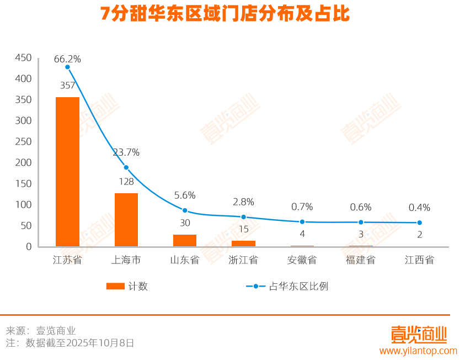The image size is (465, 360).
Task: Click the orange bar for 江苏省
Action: click(67, 172)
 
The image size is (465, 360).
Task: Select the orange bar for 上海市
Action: click(126, 220)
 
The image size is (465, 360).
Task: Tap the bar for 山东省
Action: click(185, 240)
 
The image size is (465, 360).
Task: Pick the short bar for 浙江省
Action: click(243, 243)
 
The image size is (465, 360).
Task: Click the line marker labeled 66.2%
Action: click(67, 67)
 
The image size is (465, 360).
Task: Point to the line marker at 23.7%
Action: click(126, 167)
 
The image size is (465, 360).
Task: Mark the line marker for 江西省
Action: click(419, 223)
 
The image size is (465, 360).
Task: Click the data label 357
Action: click(67, 86)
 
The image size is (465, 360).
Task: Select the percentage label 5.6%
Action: click(185, 195)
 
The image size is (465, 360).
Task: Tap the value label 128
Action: click(126, 181)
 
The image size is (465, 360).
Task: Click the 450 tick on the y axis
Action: click(24, 58)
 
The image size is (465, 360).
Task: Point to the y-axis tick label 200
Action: click(24, 163)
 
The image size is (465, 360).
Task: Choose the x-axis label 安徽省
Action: click(302, 260)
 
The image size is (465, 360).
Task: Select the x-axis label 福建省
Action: click(361, 260)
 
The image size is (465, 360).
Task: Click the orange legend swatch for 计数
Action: click(115, 286)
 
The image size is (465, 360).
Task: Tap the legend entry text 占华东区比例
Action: click(298, 286)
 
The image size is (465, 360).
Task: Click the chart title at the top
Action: click(225, 14)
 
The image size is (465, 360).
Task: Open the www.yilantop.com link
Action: click(418, 351)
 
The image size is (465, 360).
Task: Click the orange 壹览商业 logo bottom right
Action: click(418, 333)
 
